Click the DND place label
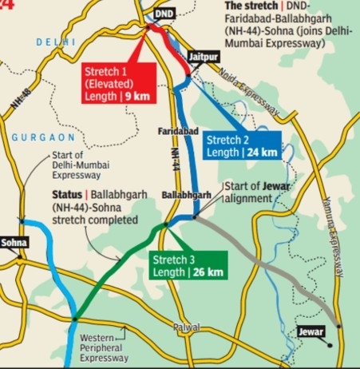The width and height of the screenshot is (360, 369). (x=164, y=14)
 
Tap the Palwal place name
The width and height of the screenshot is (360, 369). (x=185, y=327)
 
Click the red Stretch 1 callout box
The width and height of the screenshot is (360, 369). (x=119, y=84)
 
